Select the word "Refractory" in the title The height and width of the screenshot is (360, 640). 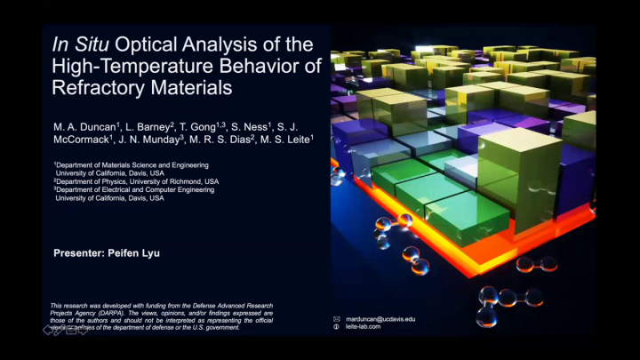tap(99, 88)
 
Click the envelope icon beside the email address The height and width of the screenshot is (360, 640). tap(336, 318)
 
